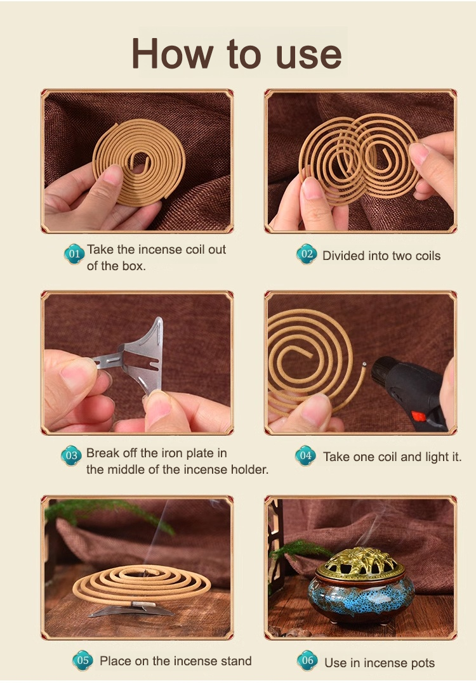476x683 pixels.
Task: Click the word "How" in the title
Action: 173,53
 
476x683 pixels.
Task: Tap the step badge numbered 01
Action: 74,254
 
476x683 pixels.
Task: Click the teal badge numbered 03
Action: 72,455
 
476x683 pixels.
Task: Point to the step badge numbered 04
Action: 305,455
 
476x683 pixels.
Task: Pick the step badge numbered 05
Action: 83,660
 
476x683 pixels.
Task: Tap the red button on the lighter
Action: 419,417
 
